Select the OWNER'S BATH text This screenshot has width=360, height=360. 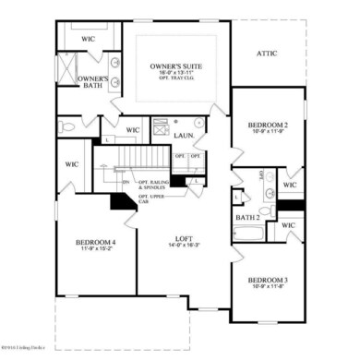(x=93, y=83)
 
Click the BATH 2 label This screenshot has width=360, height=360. (x=247, y=217)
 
